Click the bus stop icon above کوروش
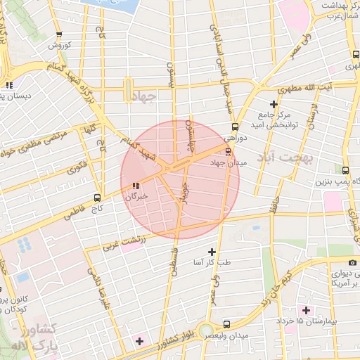tap(59, 34)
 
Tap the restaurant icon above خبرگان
tap(135, 186)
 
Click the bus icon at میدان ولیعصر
tap(226, 324)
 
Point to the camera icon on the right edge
tap(353, 262)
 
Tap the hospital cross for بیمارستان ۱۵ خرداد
tap(305, 310)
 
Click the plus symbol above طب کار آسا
tap(212, 252)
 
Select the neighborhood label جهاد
tap(142, 98)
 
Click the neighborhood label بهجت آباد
tap(286, 155)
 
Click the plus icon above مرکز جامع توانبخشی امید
tap(274, 104)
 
